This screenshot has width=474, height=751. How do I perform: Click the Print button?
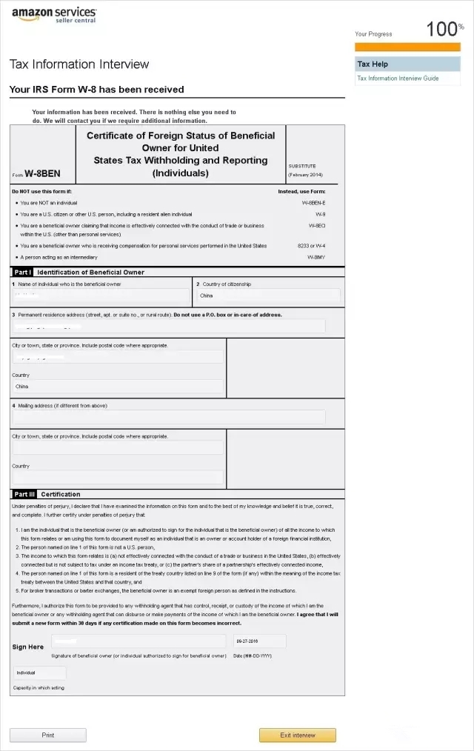pyautogui.click(x=47, y=735)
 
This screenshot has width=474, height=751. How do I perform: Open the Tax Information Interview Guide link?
pyautogui.click(x=398, y=79)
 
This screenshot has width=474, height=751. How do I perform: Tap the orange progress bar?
pyautogui.click(x=407, y=47)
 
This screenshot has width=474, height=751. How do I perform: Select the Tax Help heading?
pyautogui.click(x=373, y=64)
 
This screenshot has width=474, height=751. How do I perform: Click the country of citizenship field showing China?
pyautogui.click(x=268, y=296)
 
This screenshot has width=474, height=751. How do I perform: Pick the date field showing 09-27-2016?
pyautogui.click(x=258, y=641)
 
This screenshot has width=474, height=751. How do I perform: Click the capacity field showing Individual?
pyautogui.click(x=40, y=672)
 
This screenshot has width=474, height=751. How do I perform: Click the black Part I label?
pyautogui.click(x=22, y=273)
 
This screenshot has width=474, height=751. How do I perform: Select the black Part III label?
pyautogui.click(x=24, y=494)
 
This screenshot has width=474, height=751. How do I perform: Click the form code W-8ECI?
pyautogui.click(x=316, y=225)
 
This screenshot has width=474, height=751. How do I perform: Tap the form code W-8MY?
pyautogui.click(x=316, y=257)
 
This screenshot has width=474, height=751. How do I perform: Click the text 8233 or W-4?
pyautogui.click(x=312, y=245)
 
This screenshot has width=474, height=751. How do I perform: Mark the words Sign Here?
pyautogui.click(x=28, y=647)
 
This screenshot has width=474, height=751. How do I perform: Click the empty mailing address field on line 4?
pyautogui.click(x=169, y=417)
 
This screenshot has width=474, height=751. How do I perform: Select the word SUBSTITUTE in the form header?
pyautogui.click(x=302, y=166)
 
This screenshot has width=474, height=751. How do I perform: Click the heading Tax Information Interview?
pyautogui.click(x=79, y=64)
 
